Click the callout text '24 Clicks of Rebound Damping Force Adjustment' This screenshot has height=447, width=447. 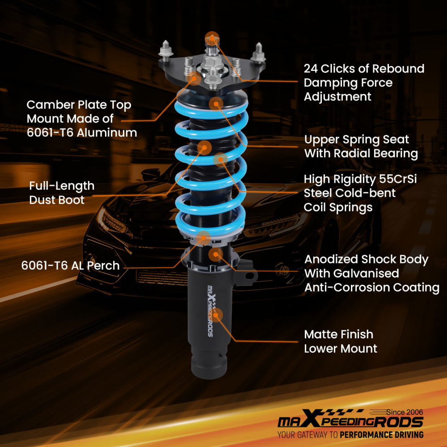pos(364,82)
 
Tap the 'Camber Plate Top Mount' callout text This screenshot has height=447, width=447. pos(82,118)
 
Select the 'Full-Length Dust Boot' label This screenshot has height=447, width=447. pos(62,193)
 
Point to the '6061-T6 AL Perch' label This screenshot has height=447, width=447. pos(70,266)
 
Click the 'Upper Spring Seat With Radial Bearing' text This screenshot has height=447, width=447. pos(361,146)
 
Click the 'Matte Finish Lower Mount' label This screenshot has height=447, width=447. pos(341,341)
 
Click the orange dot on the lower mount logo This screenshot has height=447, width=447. pos(217,315)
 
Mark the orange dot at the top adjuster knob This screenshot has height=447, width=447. pos(212,37)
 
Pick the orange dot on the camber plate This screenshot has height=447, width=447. pos(195,79)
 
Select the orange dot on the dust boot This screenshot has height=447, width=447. pos(204,147)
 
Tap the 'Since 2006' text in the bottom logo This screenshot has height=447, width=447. pos(404,412)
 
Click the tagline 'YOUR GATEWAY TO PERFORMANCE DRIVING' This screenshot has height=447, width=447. pos(350,434)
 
